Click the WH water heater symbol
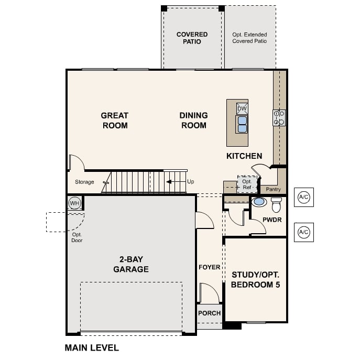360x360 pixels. [x=74, y=203]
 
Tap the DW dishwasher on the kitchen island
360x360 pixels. [x=242, y=108]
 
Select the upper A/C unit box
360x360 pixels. [x=303, y=197]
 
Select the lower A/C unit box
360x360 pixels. [x=303, y=232]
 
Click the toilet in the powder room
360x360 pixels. [x=276, y=204]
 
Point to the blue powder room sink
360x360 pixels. [x=259, y=202]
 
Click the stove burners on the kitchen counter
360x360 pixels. [x=279, y=118]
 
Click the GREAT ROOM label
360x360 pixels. [x=115, y=120]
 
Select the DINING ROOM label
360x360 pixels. [x=193, y=120]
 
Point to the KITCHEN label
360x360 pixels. [x=244, y=156]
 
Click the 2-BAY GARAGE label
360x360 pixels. [x=131, y=264]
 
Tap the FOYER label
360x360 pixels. [x=209, y=267]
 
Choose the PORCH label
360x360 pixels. [x=209, y=313]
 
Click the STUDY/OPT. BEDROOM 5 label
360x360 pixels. [x=256, y=280]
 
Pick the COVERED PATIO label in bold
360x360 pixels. [x=192, y=38]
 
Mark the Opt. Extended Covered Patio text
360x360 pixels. [x=249, y=38]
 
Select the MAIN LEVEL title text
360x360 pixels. [x=92, y=347]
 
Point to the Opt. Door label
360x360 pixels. [x=77, y=237]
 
